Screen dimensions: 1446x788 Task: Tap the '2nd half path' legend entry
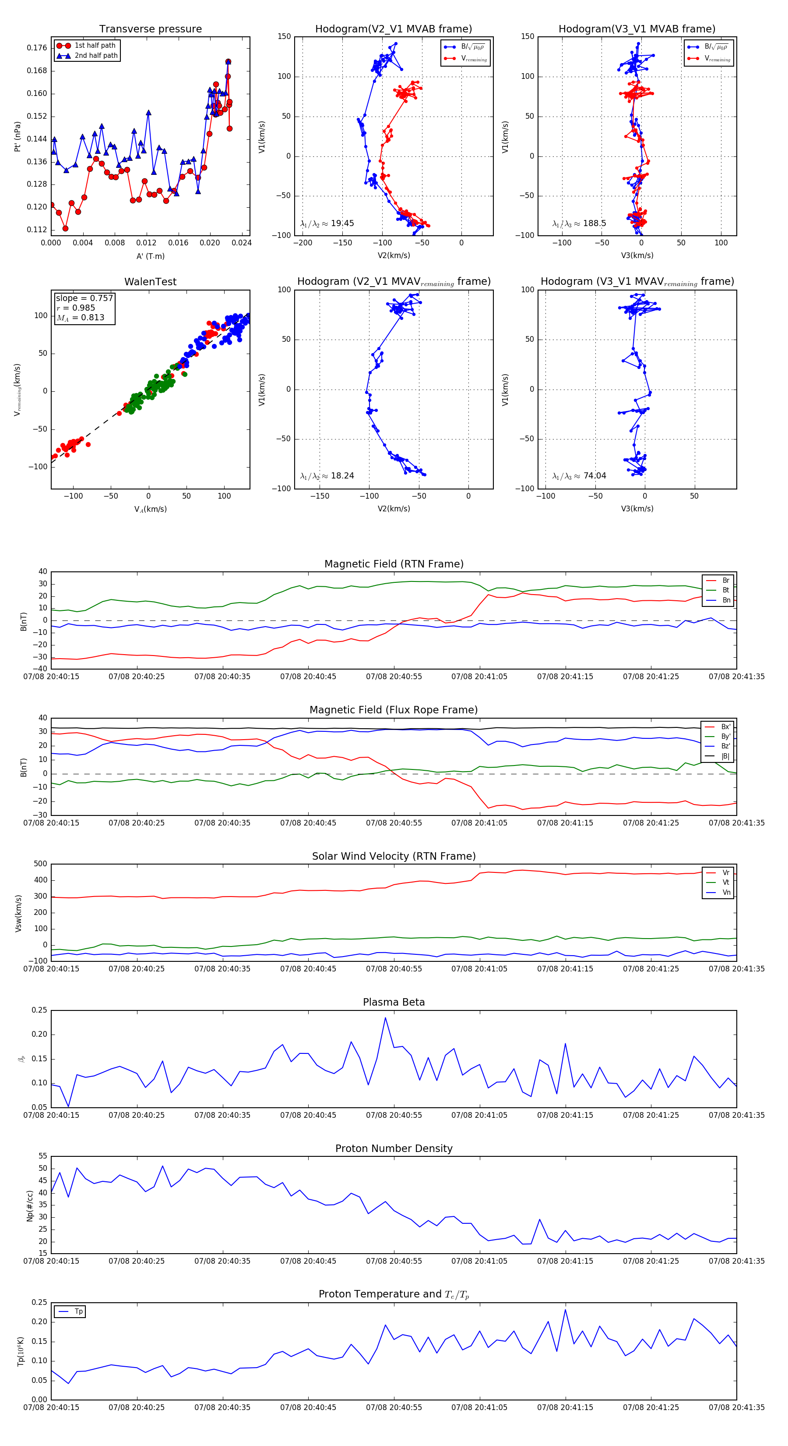[96, 56]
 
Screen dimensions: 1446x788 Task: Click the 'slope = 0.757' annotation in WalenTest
[84, 298]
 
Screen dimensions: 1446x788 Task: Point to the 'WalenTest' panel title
[150, 282]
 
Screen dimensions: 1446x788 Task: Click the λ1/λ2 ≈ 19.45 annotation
[327, 223]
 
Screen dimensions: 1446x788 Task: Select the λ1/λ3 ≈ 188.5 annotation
[579, 223]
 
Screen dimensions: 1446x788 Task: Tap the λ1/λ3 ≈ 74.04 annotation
[579, 476]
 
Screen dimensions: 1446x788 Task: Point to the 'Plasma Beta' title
[394, 1002]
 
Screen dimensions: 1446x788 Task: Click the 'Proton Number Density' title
[394, 1148]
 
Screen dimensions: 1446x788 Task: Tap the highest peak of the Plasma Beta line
[385, 1018]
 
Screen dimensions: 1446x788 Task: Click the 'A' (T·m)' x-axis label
[150, 256]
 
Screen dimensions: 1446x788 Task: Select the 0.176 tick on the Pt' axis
[37, 48]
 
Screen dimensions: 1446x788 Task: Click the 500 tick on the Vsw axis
[40, 864]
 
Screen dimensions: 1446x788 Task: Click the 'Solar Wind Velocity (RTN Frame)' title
[394, 856]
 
